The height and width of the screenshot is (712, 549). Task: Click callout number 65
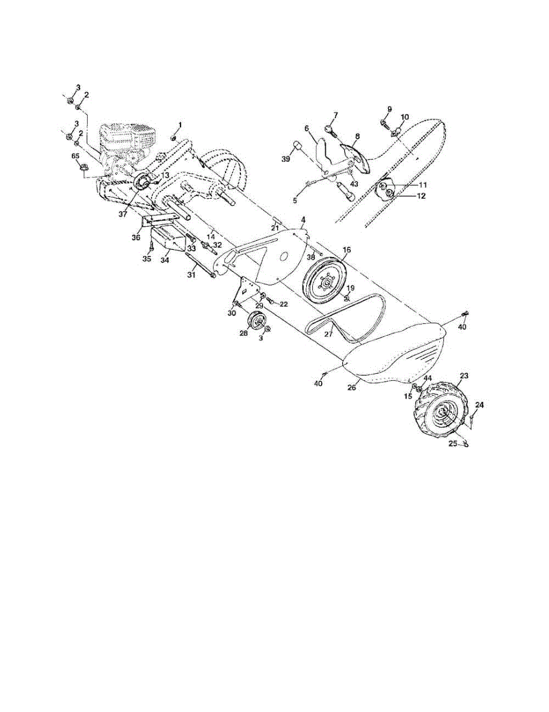[75, 156]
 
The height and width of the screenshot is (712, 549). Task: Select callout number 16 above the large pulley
[347, 250]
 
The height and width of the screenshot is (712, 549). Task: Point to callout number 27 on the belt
[328, 334]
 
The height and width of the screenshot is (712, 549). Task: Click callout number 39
[286, 159]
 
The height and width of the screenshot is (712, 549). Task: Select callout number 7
[335, 115]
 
